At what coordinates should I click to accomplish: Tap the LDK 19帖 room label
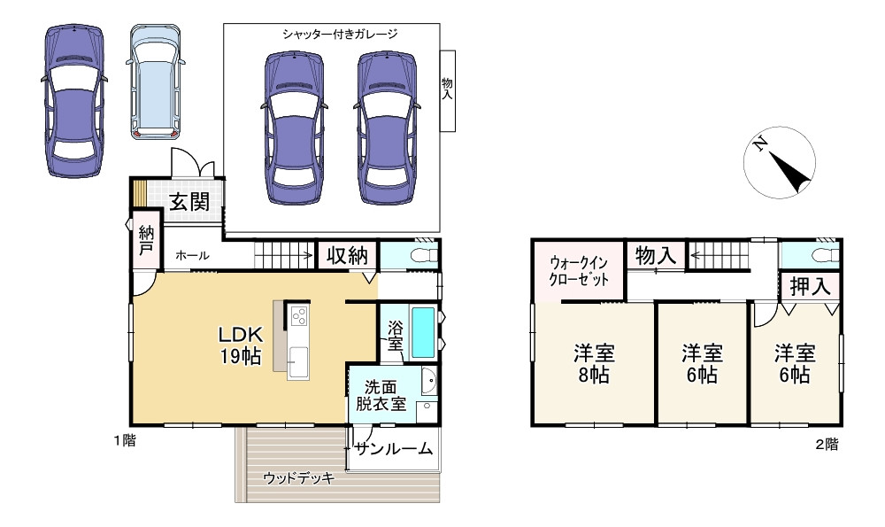point(240,345)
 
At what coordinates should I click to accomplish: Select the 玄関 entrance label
point(189,201)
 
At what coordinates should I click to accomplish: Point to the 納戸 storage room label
point(146,241)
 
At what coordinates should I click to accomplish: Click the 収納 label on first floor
point(346,255)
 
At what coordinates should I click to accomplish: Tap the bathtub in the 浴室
point(424,331)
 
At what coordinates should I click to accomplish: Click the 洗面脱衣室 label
point(381,395)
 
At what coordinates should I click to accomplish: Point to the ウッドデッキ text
point(298,478)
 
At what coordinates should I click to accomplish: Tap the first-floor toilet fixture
point(416,256)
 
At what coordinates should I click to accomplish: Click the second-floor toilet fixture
point(820,256)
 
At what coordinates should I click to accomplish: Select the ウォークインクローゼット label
point(580,270)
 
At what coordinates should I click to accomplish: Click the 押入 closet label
point(809,286)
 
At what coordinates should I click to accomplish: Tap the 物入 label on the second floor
point(656,256)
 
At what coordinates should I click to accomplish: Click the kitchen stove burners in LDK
point(297,314)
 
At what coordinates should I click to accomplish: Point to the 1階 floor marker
point(123,440)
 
